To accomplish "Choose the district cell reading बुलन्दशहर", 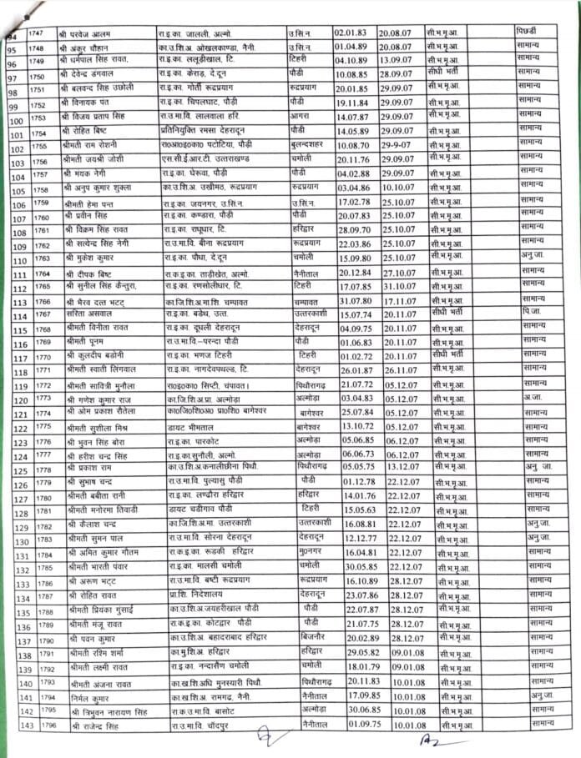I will (x=309, y=145).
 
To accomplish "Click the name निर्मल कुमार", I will (x=85, y=696).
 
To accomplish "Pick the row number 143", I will (x=12, y=726).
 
